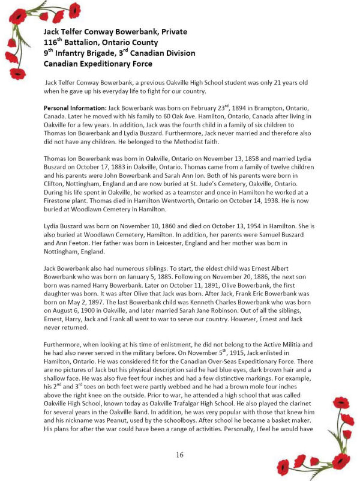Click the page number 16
pyautogui.click(x=179, y=455)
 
